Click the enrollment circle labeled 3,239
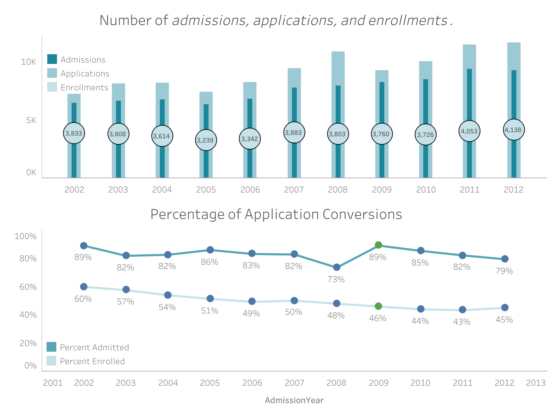coord(206,140)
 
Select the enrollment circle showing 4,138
coord(514,130)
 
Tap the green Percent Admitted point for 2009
coord(378,245)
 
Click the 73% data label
coord(336,279)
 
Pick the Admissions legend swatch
coord(52,59)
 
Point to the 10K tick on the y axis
coord(28,62)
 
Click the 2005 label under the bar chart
coord(206,190)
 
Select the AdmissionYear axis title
coord(294,401)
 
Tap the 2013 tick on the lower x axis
coord(535,383)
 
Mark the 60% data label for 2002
coord(83,299)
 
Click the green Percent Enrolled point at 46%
coord(378,306)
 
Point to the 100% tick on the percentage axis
coord(25,237)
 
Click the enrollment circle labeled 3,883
coord(294,132)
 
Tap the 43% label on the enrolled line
coord(462,322)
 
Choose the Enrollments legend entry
coord(84,88)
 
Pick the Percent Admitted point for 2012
coord(505,259)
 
